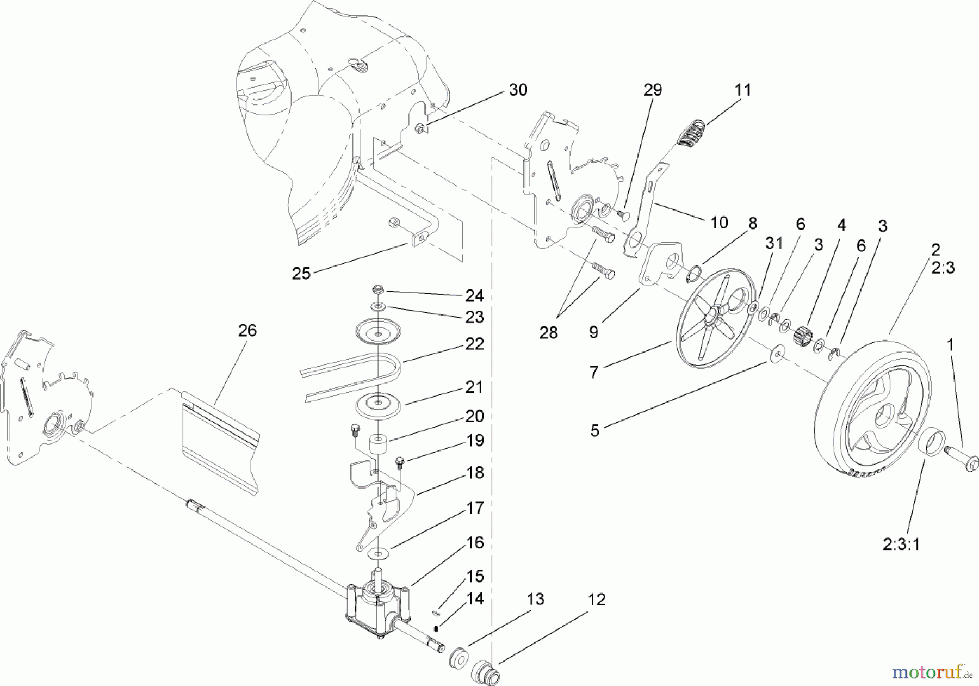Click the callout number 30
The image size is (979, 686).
[x=518, y=90]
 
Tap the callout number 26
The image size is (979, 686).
[x=247, y=330]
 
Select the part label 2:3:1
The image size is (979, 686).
[x=901, y=543]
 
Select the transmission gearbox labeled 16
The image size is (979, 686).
[x=377, y=604]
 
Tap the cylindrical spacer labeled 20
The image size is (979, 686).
[x=379, y=443]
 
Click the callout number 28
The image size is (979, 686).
[x=548, y=332]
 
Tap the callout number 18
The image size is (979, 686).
[x=475, y=473]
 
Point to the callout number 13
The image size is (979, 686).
[x=535, y=599]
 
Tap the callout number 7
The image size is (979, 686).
[x=593, y=372]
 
